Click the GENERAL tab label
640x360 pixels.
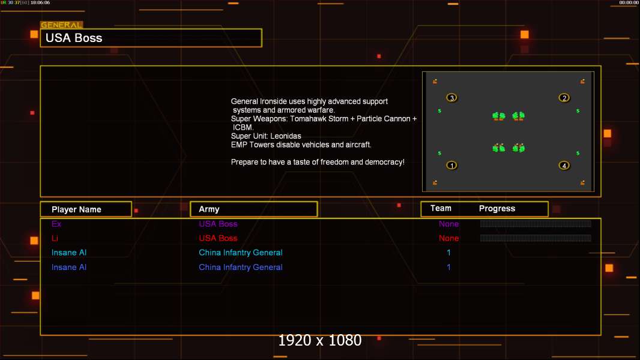61,25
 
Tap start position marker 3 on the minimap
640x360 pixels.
452,98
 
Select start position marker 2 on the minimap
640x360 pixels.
564,98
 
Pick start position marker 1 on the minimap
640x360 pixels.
452,165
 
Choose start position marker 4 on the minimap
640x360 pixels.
564,165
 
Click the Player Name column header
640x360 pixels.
76,209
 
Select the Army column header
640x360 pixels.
209,209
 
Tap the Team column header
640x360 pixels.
441,208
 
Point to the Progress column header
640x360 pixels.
497,208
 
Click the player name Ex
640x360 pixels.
56,224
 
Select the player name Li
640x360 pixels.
55,238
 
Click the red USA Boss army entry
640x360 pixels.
218,238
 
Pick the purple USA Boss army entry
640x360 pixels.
218,224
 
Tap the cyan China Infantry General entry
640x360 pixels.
241,253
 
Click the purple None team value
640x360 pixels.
448,224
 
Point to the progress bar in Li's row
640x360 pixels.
536,238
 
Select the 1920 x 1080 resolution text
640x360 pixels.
320,340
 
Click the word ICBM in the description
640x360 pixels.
244,127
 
